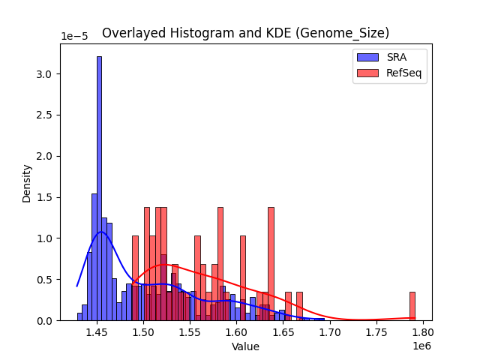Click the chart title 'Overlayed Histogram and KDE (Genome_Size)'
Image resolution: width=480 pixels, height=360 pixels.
tap(246, 33)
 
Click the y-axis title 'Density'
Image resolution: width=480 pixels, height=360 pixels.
tap(27, 182)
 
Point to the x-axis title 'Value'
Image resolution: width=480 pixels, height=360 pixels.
tap(246, 346)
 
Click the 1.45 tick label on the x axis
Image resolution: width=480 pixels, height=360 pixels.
tap(96, 332)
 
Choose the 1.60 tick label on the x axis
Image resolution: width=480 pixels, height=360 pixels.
tap(236, 332)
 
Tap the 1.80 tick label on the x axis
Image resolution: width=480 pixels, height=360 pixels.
tap(423, 332)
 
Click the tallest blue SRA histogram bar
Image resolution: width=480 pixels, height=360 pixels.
tap(99, 187)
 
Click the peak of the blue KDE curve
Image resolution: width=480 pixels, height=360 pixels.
tap(101, 232)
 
